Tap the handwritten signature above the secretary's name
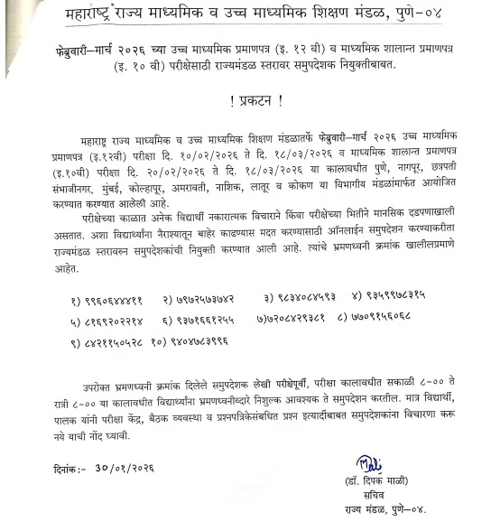coord(369,464)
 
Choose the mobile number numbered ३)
coord(307,297)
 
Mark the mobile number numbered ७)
coord(297,320)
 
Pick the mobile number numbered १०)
coord(204,342)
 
